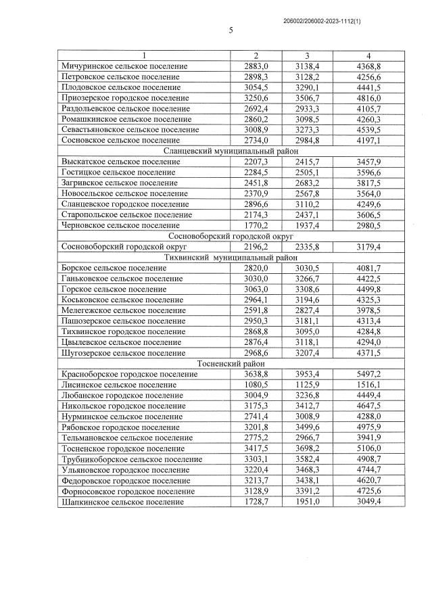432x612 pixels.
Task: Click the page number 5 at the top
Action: point(231,30)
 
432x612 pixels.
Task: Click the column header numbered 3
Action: point(307,55)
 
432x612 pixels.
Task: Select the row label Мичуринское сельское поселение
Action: point(124,66)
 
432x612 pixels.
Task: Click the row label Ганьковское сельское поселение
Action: point(122,278)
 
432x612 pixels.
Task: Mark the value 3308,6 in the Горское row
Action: point(307,289)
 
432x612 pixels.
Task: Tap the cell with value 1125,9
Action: point(307,384)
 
